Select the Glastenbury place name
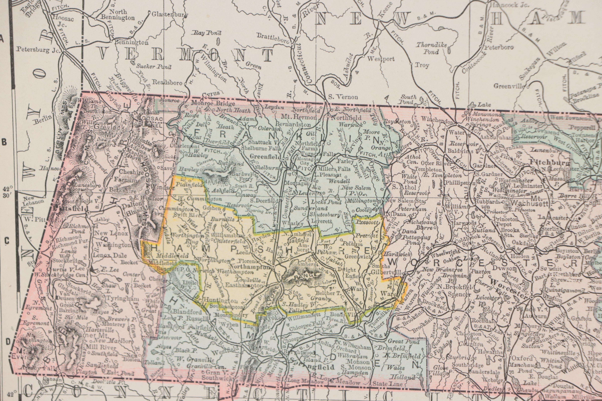click(170, 15)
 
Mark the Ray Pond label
click(207, 33)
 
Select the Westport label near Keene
click(381, 59)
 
